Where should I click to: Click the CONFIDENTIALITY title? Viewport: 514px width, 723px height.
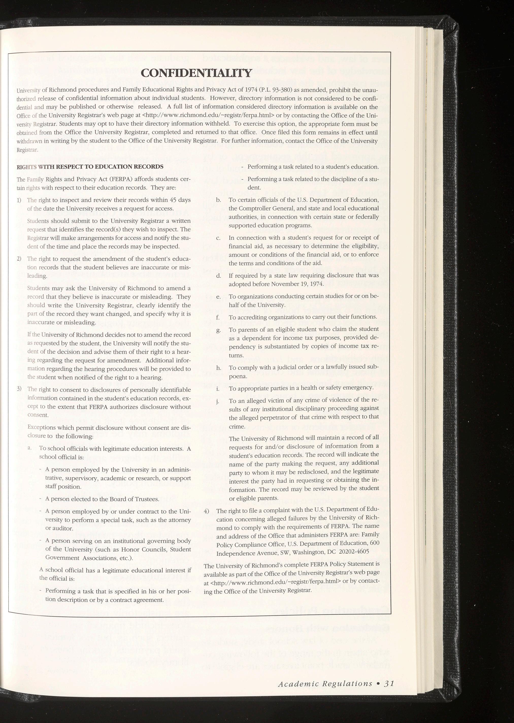196,73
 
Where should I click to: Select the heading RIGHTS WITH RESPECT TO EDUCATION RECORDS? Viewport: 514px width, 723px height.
90,167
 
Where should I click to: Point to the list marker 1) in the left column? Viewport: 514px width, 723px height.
19,200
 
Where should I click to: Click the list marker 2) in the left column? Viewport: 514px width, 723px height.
19,259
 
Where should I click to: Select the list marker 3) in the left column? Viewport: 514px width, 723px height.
19,389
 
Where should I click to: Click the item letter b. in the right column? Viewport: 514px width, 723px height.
218,200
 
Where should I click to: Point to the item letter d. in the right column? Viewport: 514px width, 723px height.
218,276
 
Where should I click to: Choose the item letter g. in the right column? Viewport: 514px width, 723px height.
218,330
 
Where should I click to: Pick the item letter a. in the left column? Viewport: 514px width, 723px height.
29,449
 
